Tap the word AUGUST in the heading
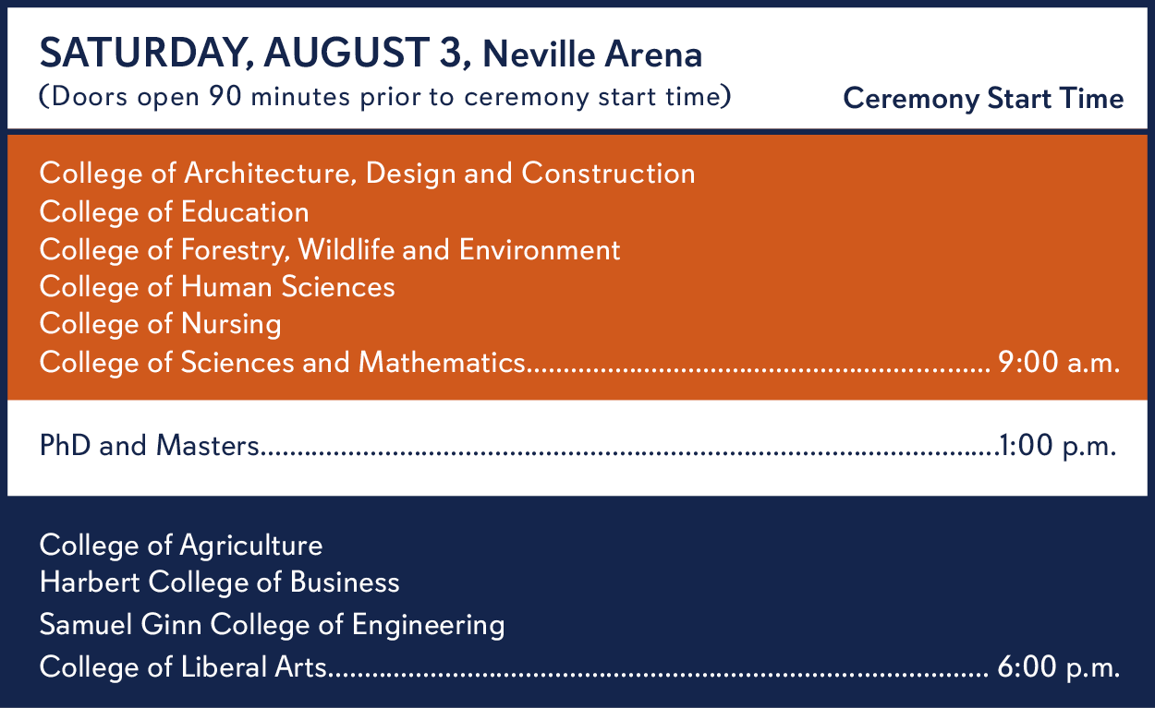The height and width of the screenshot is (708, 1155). [346, 53]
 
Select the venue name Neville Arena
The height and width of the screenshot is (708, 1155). [592, 54]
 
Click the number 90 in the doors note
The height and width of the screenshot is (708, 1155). [225, 96]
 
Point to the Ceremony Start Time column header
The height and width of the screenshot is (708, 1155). [983, 98]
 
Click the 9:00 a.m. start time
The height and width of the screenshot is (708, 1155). [1059, 362]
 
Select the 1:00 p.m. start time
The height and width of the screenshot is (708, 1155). [1058, 445]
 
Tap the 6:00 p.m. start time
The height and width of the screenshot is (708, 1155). [1058, 666]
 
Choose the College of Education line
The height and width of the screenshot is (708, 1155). [175, 211]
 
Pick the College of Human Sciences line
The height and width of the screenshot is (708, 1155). [217, 286]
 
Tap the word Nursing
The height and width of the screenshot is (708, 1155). [231, 325]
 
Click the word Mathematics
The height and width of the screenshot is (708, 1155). [442, 362]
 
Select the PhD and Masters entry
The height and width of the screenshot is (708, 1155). [149, 445]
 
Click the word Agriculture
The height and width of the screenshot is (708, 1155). [250, 546]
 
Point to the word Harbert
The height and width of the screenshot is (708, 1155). [90, 582]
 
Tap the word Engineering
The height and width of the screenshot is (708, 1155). [428, 626]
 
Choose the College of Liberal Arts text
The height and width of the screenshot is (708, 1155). [183, 666]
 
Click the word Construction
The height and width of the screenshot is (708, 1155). [608, 174]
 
